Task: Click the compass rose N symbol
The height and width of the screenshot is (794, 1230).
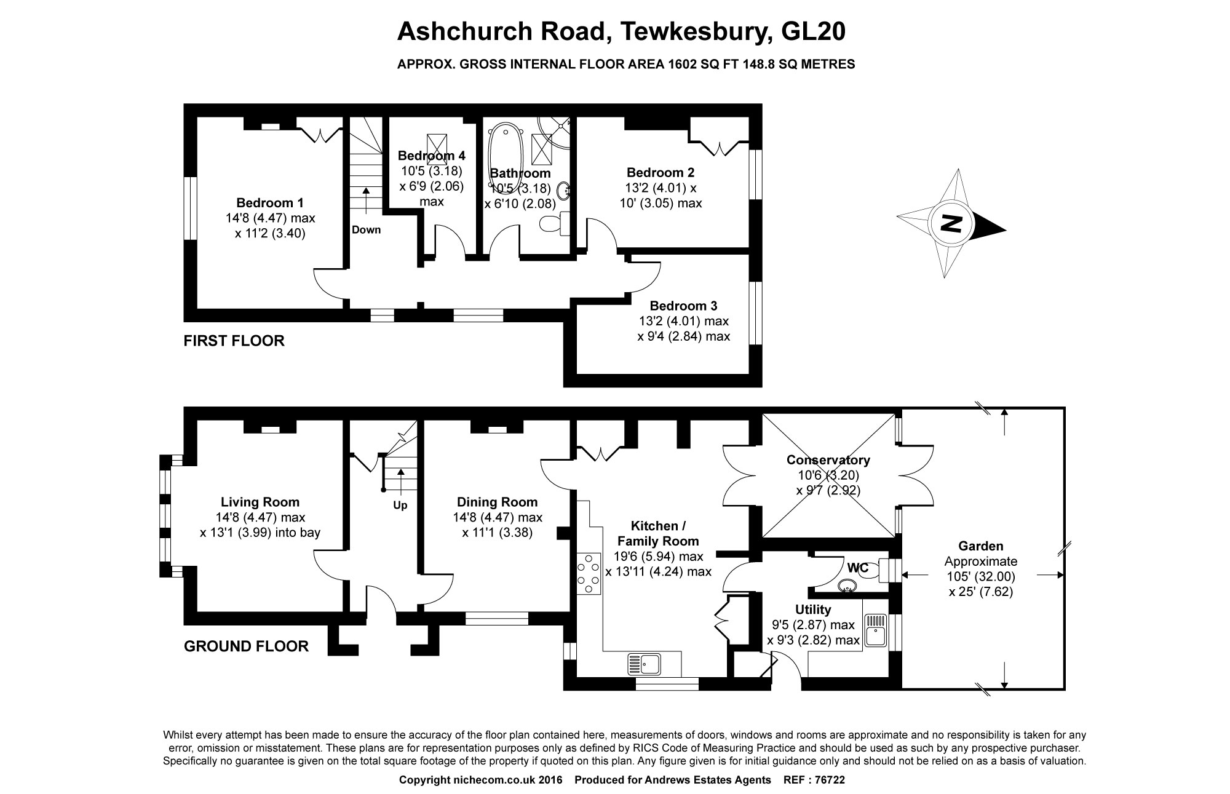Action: [951, 223]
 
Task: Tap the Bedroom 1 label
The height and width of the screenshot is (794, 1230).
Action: [270, 203]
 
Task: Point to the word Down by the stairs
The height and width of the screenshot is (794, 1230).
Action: [366, 230]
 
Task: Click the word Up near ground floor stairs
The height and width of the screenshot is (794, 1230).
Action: [400, 506]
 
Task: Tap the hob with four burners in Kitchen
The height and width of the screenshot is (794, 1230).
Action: [589, 573]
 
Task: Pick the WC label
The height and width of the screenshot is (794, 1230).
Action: [858, 566]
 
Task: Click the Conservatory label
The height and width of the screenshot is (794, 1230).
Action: [828, 460]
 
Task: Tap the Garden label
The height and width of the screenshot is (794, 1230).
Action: [981, 546]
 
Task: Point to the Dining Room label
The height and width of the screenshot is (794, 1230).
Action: [497, 502]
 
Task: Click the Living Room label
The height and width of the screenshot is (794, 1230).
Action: [260, 502]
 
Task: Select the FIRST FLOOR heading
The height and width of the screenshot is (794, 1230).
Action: [234, 341]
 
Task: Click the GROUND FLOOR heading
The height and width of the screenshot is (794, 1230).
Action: [246, 646]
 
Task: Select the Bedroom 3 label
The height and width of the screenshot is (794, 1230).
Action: [683, 306]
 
